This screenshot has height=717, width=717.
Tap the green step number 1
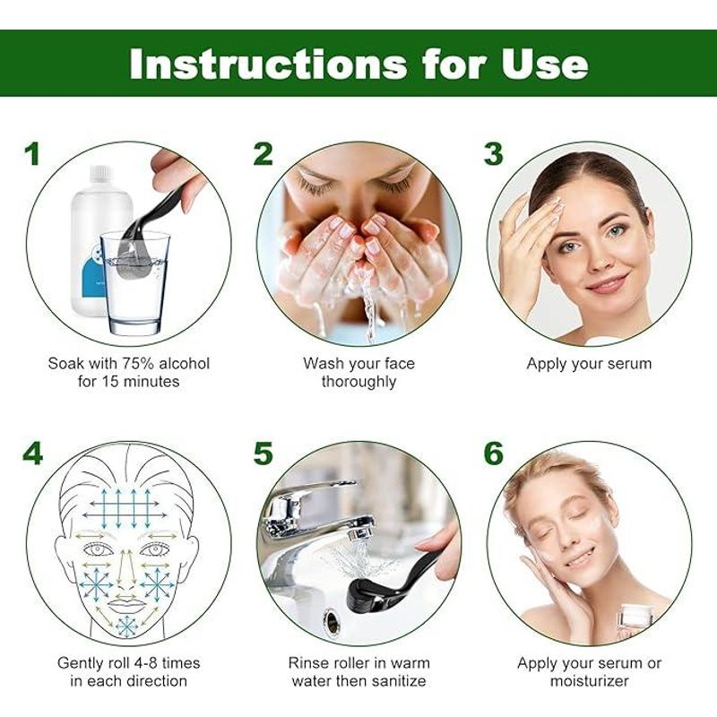[32, 153]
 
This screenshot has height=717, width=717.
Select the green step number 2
[263, 153]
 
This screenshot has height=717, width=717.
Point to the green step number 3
[494, 153]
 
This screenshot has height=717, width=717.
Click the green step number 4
[32, 453]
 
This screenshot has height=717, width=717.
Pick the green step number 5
[263, 453]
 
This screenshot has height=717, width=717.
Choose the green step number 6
[494, 453]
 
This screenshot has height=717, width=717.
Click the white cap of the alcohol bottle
[100, 172]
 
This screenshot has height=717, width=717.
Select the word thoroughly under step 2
[358, 382]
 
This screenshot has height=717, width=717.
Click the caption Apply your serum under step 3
[589, 364]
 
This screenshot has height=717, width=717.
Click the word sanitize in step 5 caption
[396, 681]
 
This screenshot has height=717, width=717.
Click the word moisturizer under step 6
[589, 681]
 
